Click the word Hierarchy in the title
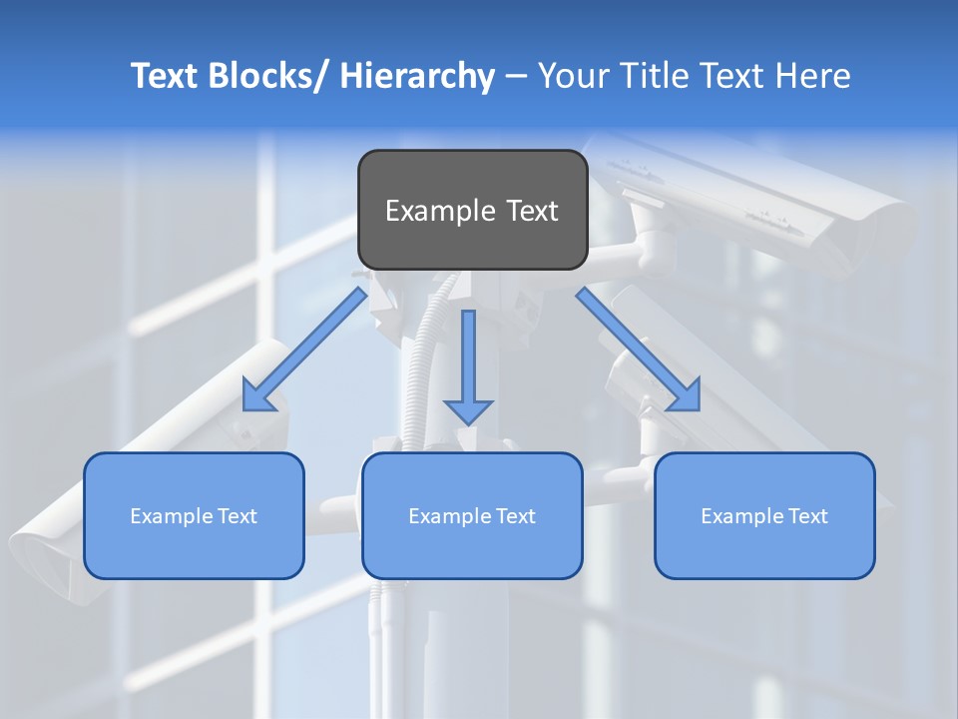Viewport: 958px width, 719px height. (417, 76)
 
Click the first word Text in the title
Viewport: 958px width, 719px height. (164, 76)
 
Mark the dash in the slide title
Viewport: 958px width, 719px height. (516, 77)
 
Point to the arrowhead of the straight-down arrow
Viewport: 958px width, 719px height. (468, 409)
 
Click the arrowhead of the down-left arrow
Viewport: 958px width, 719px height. (258, 395)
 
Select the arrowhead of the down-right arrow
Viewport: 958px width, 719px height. (685, 395)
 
